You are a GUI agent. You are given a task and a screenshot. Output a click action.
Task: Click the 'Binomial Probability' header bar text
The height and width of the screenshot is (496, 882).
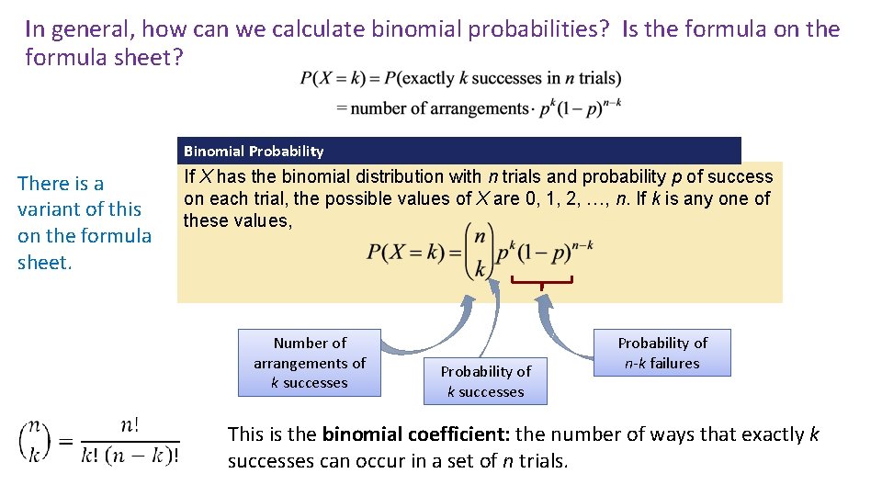tap(254, 151)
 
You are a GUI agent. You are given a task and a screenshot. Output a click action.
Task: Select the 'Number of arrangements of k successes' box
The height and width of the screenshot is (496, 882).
tap(309, 363)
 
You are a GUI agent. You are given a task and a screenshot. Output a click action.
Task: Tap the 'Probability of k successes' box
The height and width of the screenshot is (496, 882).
tap(485, 381)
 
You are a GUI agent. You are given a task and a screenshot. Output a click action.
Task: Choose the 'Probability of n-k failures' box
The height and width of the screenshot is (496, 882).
tap(662, 353)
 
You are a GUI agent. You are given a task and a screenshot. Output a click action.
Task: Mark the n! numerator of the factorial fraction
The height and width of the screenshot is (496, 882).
tap(130, 425)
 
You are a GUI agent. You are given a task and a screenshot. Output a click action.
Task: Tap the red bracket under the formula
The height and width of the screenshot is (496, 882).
tap(542, 280)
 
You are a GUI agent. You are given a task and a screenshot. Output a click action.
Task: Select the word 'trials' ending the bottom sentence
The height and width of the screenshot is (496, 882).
tap(543, 461)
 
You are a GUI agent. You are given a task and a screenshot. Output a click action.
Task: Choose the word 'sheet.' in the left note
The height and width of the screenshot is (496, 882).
tap(44, 263)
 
